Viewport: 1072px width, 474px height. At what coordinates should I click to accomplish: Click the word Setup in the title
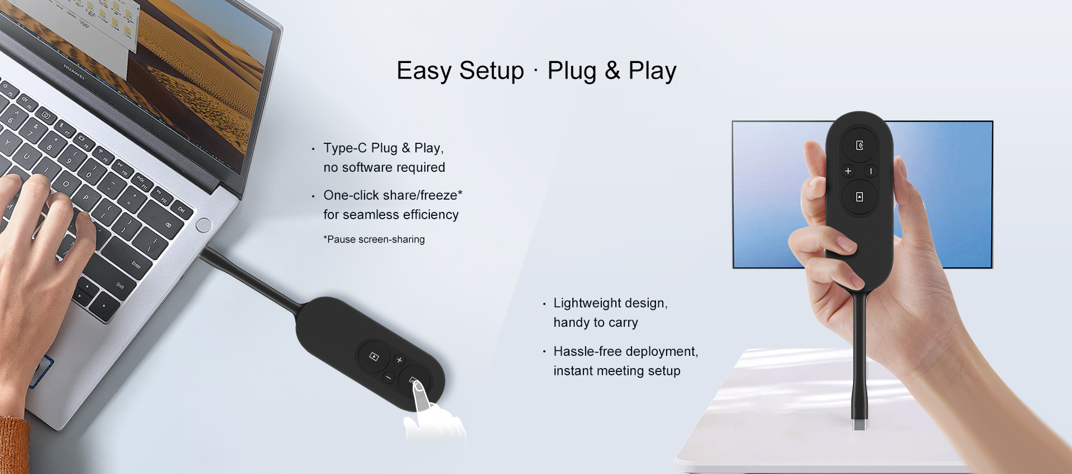point(491,71)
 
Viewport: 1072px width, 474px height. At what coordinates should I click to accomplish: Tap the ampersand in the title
point(612,71)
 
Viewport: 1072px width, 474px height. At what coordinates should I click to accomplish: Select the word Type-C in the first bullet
point(344,148)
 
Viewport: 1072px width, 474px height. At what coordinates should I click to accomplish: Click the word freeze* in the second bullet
point(441,196)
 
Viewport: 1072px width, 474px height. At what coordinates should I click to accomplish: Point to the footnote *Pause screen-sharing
point(374,240)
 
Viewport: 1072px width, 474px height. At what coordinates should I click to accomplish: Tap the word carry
point(623,323)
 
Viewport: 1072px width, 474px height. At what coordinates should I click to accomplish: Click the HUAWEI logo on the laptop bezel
point(74,71)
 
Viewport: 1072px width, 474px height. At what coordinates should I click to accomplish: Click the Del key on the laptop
point(181,210)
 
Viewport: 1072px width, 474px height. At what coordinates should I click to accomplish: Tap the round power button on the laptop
point(204,225)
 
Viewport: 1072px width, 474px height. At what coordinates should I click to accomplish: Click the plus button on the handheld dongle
point(848,171)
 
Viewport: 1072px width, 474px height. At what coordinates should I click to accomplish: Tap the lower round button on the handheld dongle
point(859,197)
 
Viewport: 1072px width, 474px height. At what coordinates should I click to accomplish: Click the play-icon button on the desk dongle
point(374,356)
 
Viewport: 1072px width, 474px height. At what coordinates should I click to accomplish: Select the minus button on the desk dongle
point(389,378)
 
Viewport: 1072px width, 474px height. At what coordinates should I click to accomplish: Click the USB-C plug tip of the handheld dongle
point(860,424)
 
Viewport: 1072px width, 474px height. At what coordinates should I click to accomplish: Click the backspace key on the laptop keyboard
point(168,225)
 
